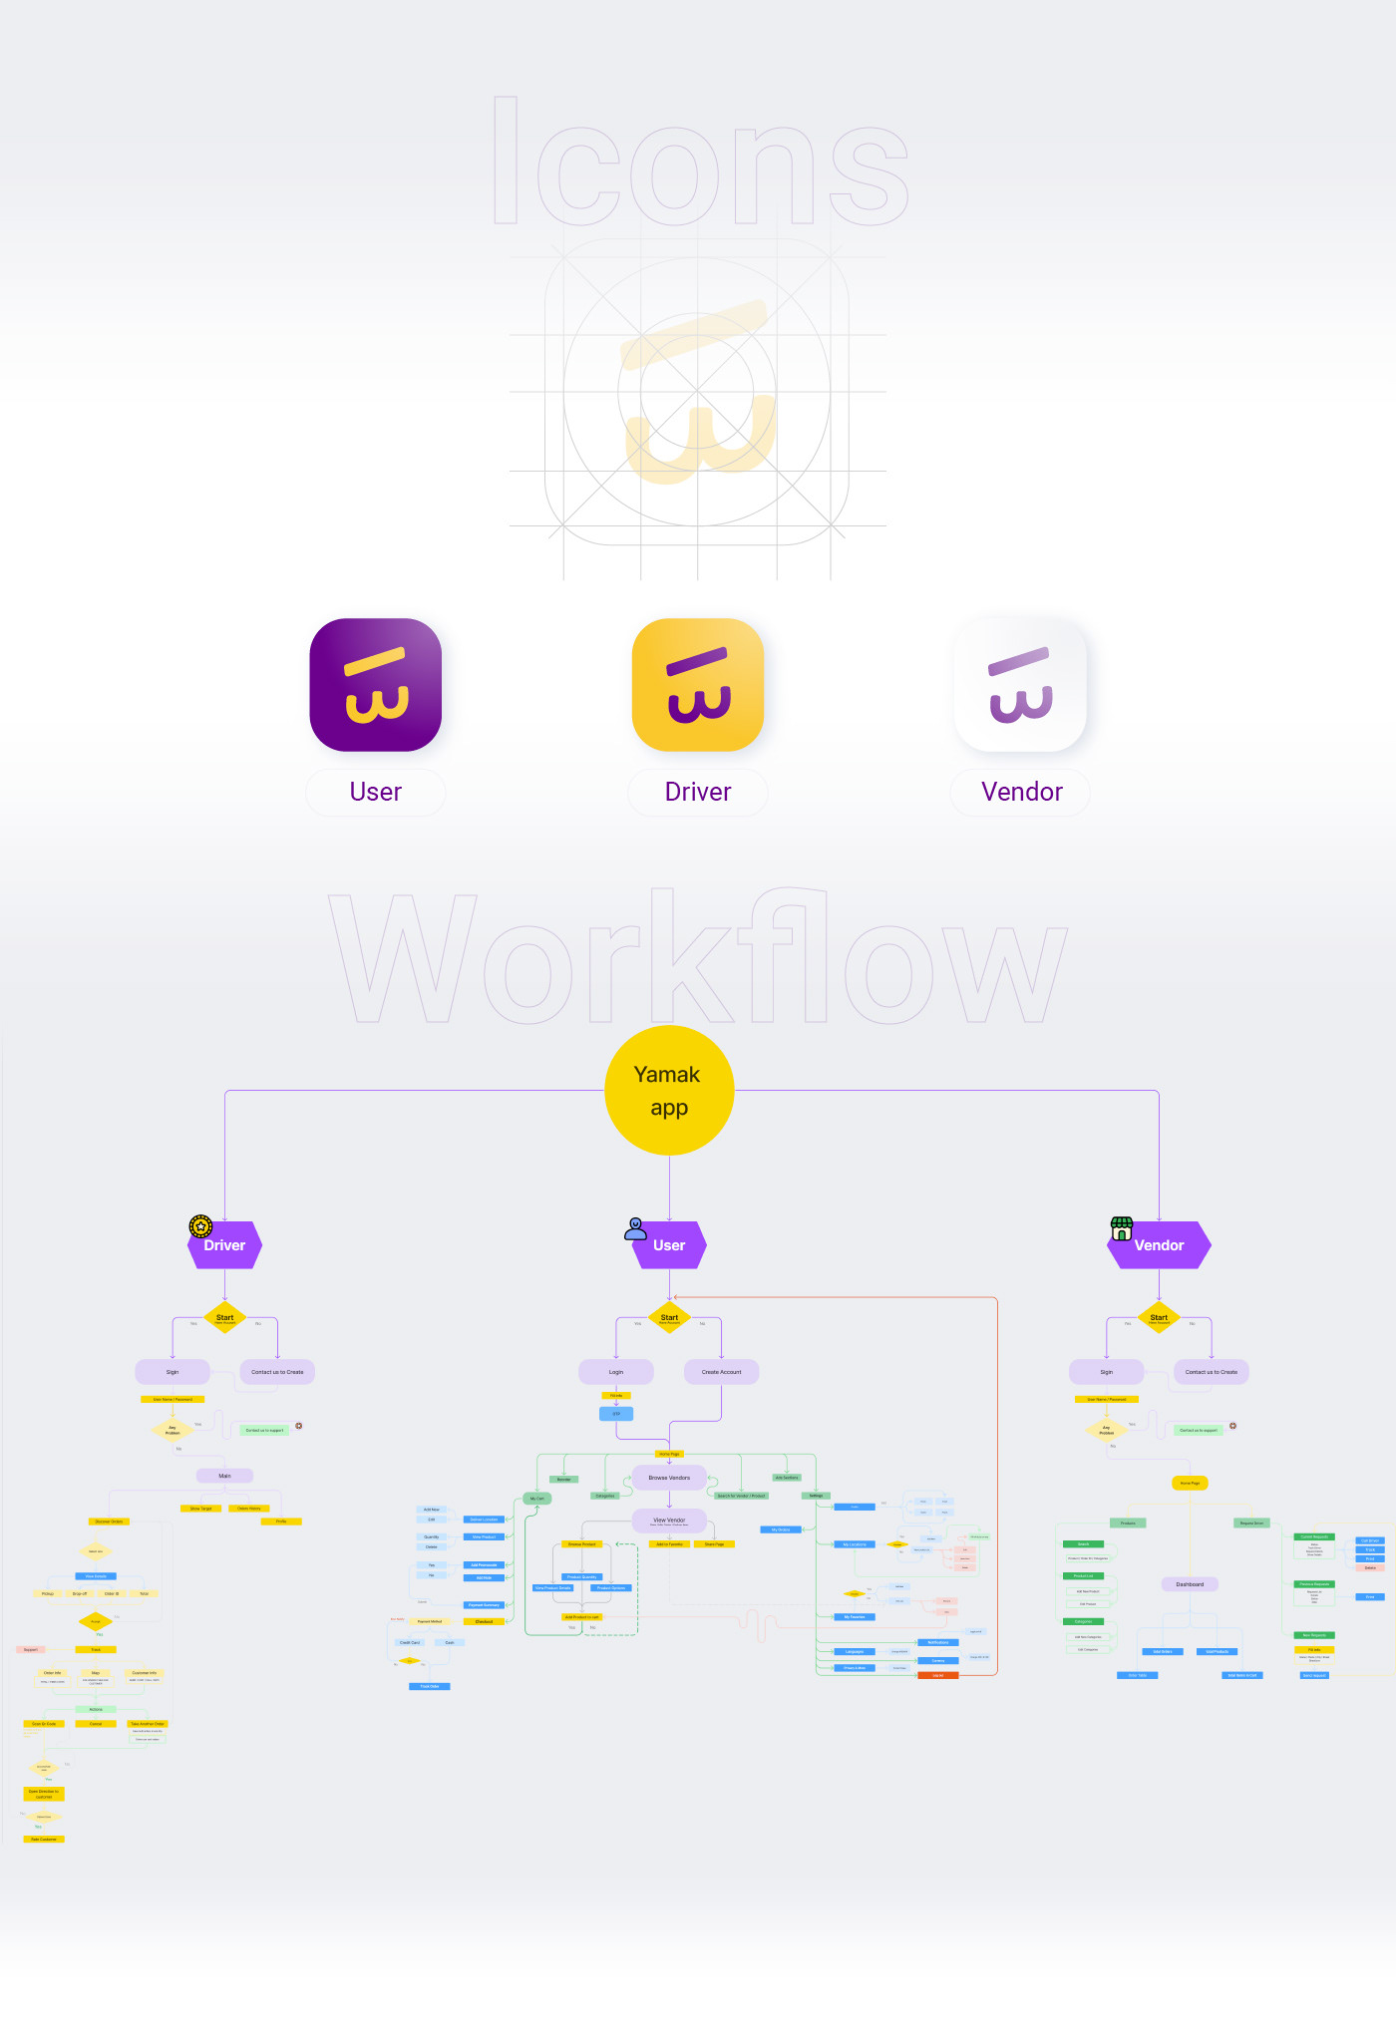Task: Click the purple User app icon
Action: (376, 685)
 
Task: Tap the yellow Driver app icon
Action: (698, 685)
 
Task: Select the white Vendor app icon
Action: (1020, 685)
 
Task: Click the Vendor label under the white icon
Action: (1021, 793)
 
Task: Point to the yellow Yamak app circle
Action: (669, 1091)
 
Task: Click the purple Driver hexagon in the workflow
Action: (225, 1245)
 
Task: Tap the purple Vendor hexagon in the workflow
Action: (1160, 1245)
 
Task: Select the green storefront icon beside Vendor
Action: (1122, 1228)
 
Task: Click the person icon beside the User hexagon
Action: (635, 1228)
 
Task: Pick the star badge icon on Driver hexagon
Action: (200, 1226)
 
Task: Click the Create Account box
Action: (721, 1372)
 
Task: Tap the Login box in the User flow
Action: (616, 1372)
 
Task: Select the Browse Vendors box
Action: (669, 1478)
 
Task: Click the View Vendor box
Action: (669, 1522)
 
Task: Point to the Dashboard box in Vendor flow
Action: (1190, 1584)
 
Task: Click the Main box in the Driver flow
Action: (224, 1476)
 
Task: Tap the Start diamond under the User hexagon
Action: (669, 1318)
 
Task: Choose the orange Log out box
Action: (938, 1675)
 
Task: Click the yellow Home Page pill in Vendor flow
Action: (1190, 1484)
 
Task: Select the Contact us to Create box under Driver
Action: (277, 1372)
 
